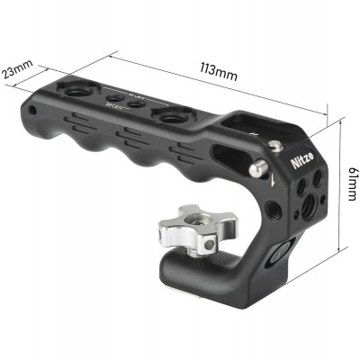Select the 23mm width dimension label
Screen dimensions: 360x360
point(18,70)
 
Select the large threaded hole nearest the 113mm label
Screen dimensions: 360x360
point(171,118)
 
